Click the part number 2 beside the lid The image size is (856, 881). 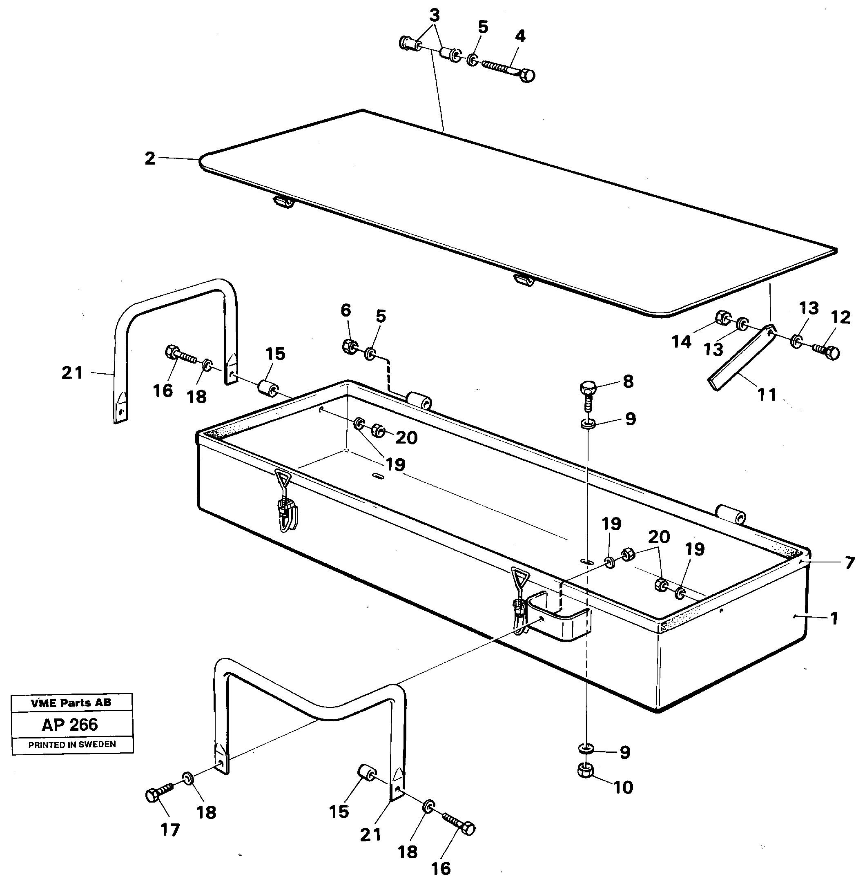coord(150,158)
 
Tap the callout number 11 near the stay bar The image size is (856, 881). coord(767,395)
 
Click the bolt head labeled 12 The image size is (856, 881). coord(832,353)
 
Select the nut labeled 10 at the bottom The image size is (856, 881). coord(584,771)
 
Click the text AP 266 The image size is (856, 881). coord(70,724)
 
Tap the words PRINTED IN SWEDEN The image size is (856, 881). coord(72,744)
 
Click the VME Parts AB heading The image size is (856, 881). coord(71,703)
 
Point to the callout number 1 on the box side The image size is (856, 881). coord(834,618)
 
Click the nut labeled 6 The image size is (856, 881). coord(349,346)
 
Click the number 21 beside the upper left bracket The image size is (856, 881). coord(72,372)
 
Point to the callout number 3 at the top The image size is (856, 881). coord(434,16)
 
